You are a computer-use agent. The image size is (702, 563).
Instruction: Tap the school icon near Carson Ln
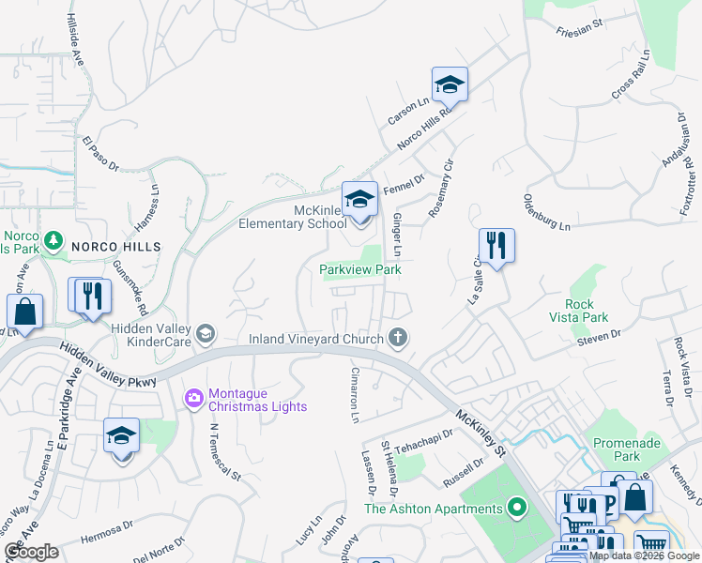point(450,84)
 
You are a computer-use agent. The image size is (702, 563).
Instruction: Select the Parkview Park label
point(360,269)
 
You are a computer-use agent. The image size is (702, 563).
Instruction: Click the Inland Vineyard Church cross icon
point(398,337)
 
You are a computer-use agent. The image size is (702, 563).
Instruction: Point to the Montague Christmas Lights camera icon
point(194,398)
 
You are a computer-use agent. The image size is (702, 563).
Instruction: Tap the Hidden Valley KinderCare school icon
point(205,333)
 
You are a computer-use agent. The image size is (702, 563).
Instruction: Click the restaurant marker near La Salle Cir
point(496,246)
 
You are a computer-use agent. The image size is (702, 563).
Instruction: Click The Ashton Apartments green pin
point(515,509)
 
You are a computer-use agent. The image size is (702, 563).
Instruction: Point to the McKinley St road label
point(481,424)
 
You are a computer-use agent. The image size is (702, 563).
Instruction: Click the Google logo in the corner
point(32,552)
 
